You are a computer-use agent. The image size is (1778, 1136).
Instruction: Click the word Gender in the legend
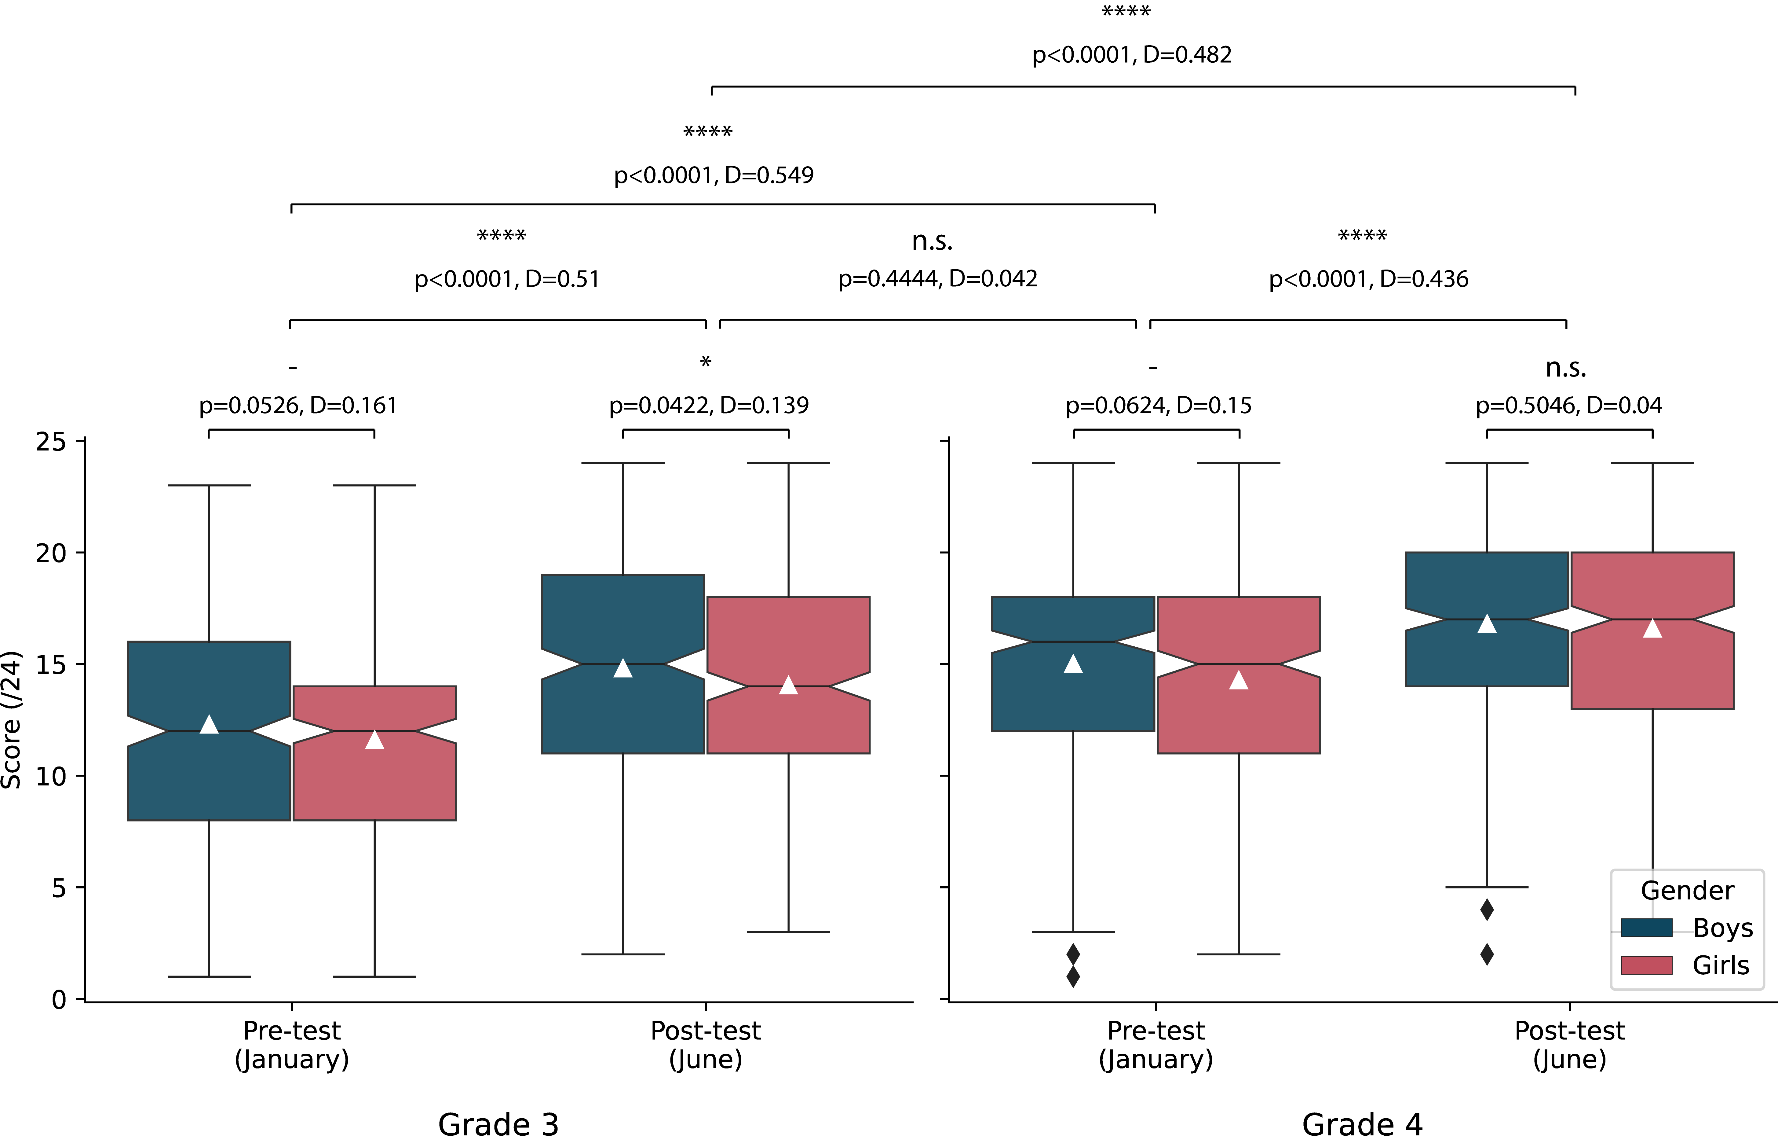[x=1687, y=891]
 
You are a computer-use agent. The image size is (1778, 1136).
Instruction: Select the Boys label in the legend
[x=1723, y=928]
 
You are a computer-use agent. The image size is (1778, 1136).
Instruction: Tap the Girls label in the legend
[x=1720, y=965]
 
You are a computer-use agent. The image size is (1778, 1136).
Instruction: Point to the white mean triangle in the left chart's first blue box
[x=209, y=725]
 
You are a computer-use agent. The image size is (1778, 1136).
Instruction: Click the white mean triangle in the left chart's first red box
[x=374, y=740]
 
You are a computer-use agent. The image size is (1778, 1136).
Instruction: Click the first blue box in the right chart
[x=1073, y=694]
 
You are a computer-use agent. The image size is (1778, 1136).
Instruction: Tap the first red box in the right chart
[x=1238, y=709]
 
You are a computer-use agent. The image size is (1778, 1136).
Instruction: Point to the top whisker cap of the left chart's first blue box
[x=209, y=485]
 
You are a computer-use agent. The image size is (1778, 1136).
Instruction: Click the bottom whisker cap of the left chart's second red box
[x=789, y=932]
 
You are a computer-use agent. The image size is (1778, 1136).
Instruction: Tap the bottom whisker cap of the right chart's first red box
[x=1238, y=954]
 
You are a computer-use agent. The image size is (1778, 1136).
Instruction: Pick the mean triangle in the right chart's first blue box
[x=1073, y=664]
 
